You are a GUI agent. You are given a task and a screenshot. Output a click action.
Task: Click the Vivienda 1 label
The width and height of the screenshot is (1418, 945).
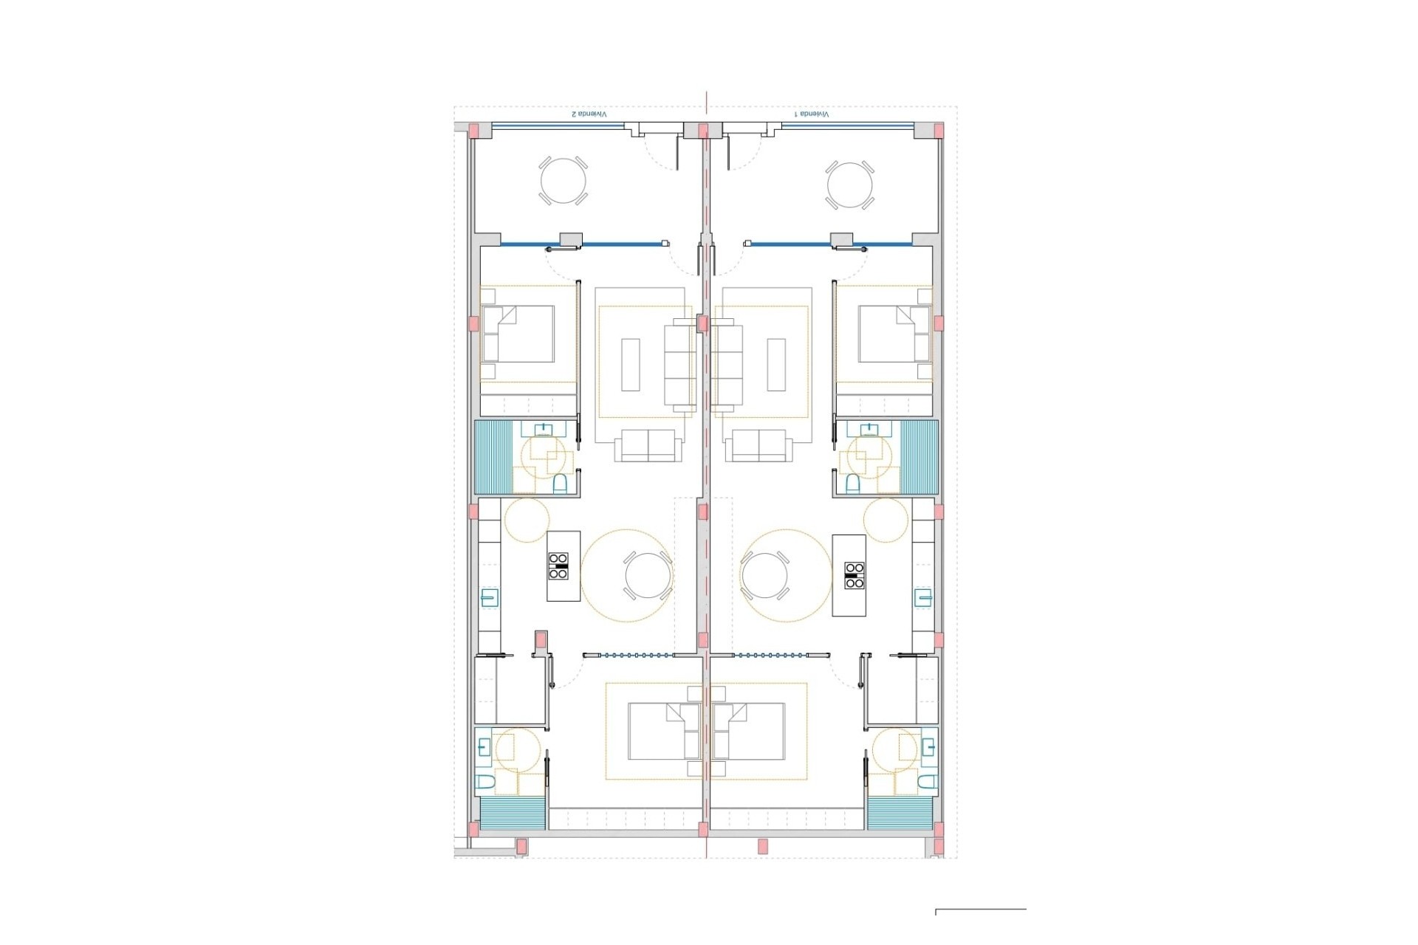(812, 114)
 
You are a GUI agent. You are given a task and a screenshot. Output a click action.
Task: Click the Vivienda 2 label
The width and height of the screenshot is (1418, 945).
(589, 114)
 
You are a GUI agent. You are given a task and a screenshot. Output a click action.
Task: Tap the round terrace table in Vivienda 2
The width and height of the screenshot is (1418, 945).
(564, 181)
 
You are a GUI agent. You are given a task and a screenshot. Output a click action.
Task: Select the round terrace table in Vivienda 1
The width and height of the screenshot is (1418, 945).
(850, 185)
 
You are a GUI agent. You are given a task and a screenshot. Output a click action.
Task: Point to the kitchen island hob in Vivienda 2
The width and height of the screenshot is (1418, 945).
(558, 566)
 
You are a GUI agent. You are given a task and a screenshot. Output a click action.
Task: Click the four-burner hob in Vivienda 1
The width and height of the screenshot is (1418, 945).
(854, 575)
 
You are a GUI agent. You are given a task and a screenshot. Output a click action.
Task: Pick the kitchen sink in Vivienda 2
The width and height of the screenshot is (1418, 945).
(490, 597)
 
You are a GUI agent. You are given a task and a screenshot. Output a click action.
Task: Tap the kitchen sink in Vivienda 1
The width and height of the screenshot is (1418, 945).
(923, 597)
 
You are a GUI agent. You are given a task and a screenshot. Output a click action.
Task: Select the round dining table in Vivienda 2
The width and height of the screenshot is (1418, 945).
(648, 575)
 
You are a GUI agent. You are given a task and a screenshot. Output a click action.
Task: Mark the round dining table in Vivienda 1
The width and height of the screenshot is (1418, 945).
(765, 575)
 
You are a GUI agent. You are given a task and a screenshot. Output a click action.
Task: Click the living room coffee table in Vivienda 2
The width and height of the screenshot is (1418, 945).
(631, 364)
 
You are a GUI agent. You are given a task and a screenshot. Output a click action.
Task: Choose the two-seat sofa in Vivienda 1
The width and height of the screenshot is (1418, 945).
(759, 446)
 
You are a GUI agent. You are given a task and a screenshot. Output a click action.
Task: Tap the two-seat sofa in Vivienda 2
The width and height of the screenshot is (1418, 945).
(648, 446)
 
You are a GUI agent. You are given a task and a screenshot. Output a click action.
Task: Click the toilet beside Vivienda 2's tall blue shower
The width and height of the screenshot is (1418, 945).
(560, 483)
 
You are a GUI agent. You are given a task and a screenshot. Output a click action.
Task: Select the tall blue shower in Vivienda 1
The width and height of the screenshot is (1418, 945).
(919, 457)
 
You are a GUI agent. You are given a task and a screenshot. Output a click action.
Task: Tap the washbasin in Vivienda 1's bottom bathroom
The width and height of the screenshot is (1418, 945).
(928, 747)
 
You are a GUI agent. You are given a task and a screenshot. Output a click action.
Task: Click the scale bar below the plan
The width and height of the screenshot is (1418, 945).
(981, 910)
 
